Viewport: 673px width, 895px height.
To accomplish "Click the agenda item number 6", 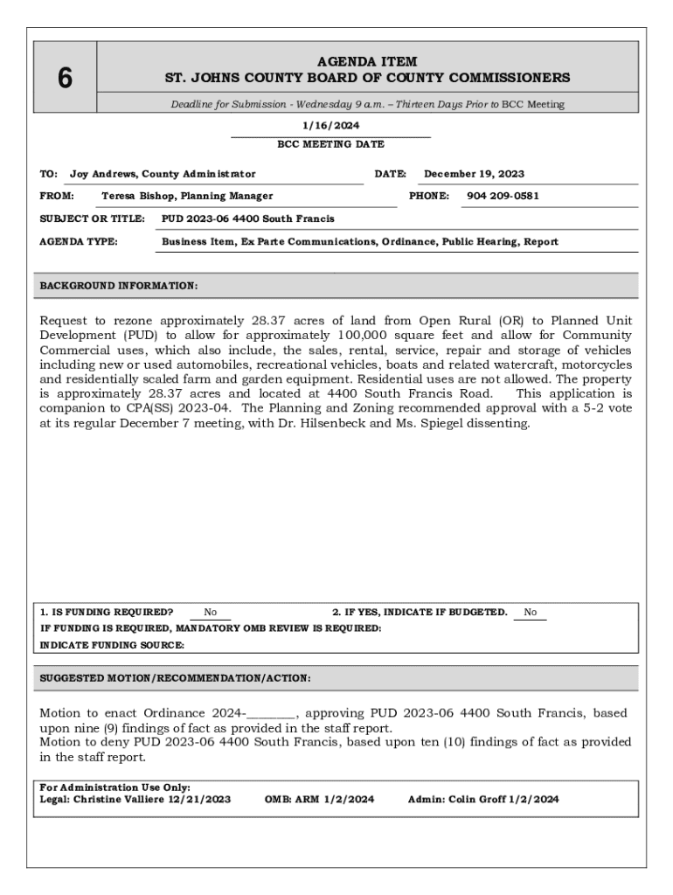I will [65, 79].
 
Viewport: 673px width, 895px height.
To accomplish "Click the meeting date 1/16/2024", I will [330, 126].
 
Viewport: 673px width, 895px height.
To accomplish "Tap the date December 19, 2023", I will [474, 174].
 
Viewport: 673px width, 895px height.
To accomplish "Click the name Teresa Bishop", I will [139, 196].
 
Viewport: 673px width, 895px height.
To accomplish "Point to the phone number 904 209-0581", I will [503, 196].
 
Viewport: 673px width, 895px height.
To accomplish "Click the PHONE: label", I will [429, 196].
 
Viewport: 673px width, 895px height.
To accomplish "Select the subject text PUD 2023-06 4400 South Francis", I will [248, 219].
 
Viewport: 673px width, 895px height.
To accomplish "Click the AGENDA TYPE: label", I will [80, 241].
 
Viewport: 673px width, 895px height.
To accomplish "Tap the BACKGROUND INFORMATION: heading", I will [119, 286].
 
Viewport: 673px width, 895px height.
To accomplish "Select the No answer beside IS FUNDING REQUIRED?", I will [211, 613].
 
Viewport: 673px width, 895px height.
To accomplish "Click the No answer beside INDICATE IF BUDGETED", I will [531, 613].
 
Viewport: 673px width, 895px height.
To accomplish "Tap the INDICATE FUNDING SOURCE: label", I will [112, 645].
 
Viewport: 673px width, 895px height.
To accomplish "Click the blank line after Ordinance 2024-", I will [271, 714].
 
